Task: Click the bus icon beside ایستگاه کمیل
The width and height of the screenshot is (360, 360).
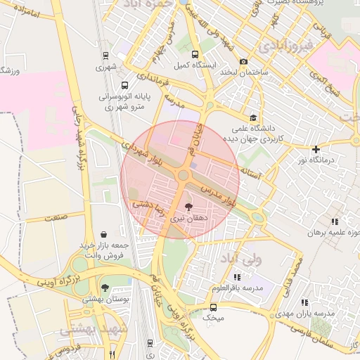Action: (x=195, y=55)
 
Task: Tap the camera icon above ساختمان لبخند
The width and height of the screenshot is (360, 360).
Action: (x=244, y=62)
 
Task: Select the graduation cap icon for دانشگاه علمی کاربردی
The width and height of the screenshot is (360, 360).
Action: (x=252, y=117)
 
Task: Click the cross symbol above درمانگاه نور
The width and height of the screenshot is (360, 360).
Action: (x=316, y=149)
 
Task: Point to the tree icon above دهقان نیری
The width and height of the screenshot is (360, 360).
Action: (x=188, y=206)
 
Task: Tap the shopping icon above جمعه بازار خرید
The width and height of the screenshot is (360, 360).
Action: (x=104, y=233)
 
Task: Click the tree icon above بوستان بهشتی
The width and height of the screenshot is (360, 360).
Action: (x=105, y=287)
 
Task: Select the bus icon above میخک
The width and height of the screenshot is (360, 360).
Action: (x=213, y=307)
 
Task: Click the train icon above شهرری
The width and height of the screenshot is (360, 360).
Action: (x=105, y=56)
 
